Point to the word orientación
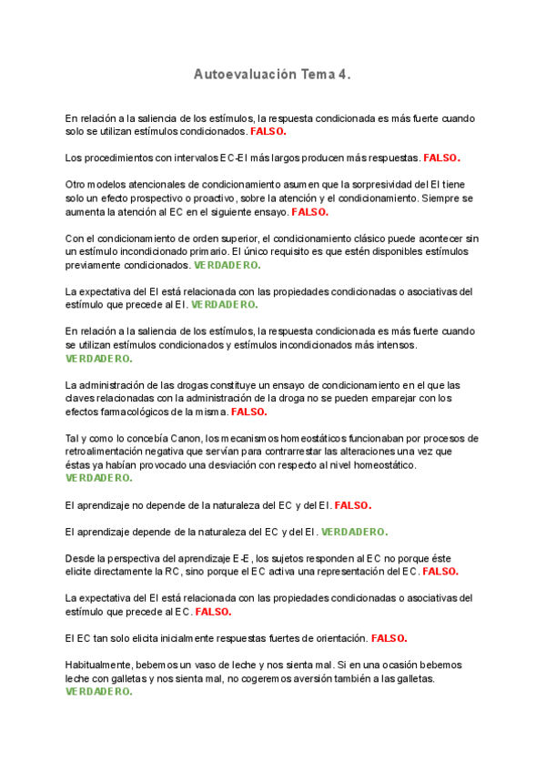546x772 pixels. coord(334,638)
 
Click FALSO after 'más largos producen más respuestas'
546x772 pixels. coord(442,157)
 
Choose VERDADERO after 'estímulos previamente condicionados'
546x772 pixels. coord(227,265)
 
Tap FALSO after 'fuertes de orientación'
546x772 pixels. coord(389,638)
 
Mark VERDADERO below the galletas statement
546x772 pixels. coord(98,692)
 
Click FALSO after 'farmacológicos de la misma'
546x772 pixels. coord(249,411)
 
